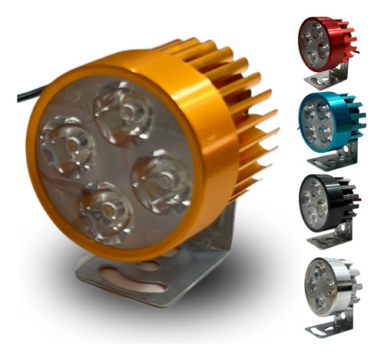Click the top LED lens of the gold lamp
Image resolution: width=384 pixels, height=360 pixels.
tap(124, 112)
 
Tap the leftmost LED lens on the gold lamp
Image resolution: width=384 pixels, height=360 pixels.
tap(68, 146)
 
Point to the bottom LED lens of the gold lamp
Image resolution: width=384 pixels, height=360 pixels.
tap(106, 211)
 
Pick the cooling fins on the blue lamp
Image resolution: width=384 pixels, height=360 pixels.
tap(349, 115)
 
